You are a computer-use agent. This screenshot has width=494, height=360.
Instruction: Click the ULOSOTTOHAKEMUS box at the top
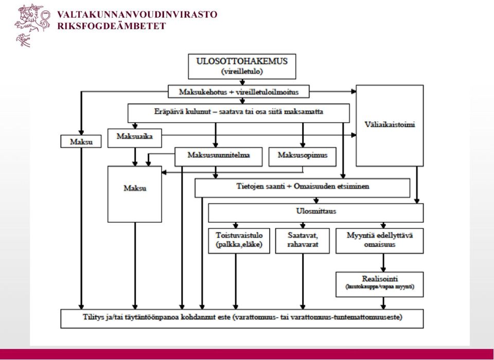(x=242, y=66)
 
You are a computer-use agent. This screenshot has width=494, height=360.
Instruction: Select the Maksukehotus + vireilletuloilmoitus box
(x=238, y=92)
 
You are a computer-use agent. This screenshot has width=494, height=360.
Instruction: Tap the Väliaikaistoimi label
(x=390, y=124)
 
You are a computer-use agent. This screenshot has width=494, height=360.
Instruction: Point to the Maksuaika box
(x=134, y=138)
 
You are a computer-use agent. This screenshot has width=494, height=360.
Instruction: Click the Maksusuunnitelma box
(x=218, y=156)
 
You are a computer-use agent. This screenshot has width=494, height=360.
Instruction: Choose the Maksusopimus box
(x=303, y=156)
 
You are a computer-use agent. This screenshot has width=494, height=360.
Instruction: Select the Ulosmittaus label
(x=316, y=211)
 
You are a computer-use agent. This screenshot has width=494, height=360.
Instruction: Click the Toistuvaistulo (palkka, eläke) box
(x=239, y=241)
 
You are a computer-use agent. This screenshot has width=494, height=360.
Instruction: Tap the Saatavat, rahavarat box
(x=303, y=241)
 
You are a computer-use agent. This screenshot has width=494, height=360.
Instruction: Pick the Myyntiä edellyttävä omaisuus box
(x=380, y=241)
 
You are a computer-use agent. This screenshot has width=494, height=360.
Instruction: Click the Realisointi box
(x=380, y=284)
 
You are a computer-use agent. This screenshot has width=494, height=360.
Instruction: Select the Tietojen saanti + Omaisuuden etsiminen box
(x=303, y=188)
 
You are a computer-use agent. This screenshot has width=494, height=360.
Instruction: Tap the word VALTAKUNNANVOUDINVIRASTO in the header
(x=137, y=15)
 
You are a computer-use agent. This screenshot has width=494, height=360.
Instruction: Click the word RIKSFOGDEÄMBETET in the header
(x=112, y=26)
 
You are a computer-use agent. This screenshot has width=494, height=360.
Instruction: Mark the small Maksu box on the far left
(x=81, y=141)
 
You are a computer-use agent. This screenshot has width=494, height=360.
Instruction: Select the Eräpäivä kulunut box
(x=238, y=113)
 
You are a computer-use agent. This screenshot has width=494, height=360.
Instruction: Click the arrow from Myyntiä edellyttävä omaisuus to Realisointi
(x=383, y=263)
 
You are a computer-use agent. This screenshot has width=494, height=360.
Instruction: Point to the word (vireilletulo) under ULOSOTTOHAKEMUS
(x=242, y=71)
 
